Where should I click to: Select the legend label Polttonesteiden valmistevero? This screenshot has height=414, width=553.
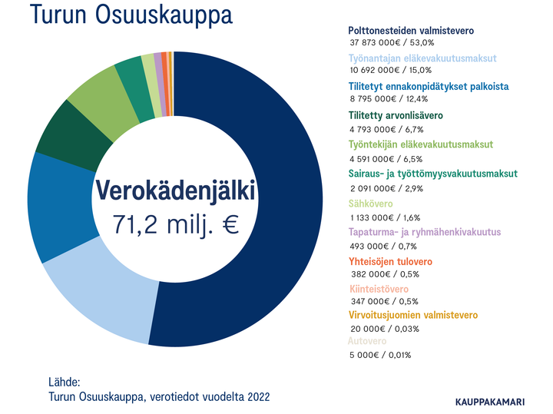(411, 31)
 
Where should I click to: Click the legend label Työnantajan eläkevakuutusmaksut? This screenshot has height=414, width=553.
(422, 58)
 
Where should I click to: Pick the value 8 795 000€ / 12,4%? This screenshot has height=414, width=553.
(388, 98)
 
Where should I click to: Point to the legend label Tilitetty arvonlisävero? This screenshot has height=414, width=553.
(395, 115)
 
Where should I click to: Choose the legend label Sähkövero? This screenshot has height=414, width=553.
(370, 204)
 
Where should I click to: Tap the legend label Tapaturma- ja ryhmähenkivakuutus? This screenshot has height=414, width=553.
(424, 232)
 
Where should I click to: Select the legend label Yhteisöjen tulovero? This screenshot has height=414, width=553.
(390, 262)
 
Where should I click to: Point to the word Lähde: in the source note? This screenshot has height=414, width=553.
(64, 382)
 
